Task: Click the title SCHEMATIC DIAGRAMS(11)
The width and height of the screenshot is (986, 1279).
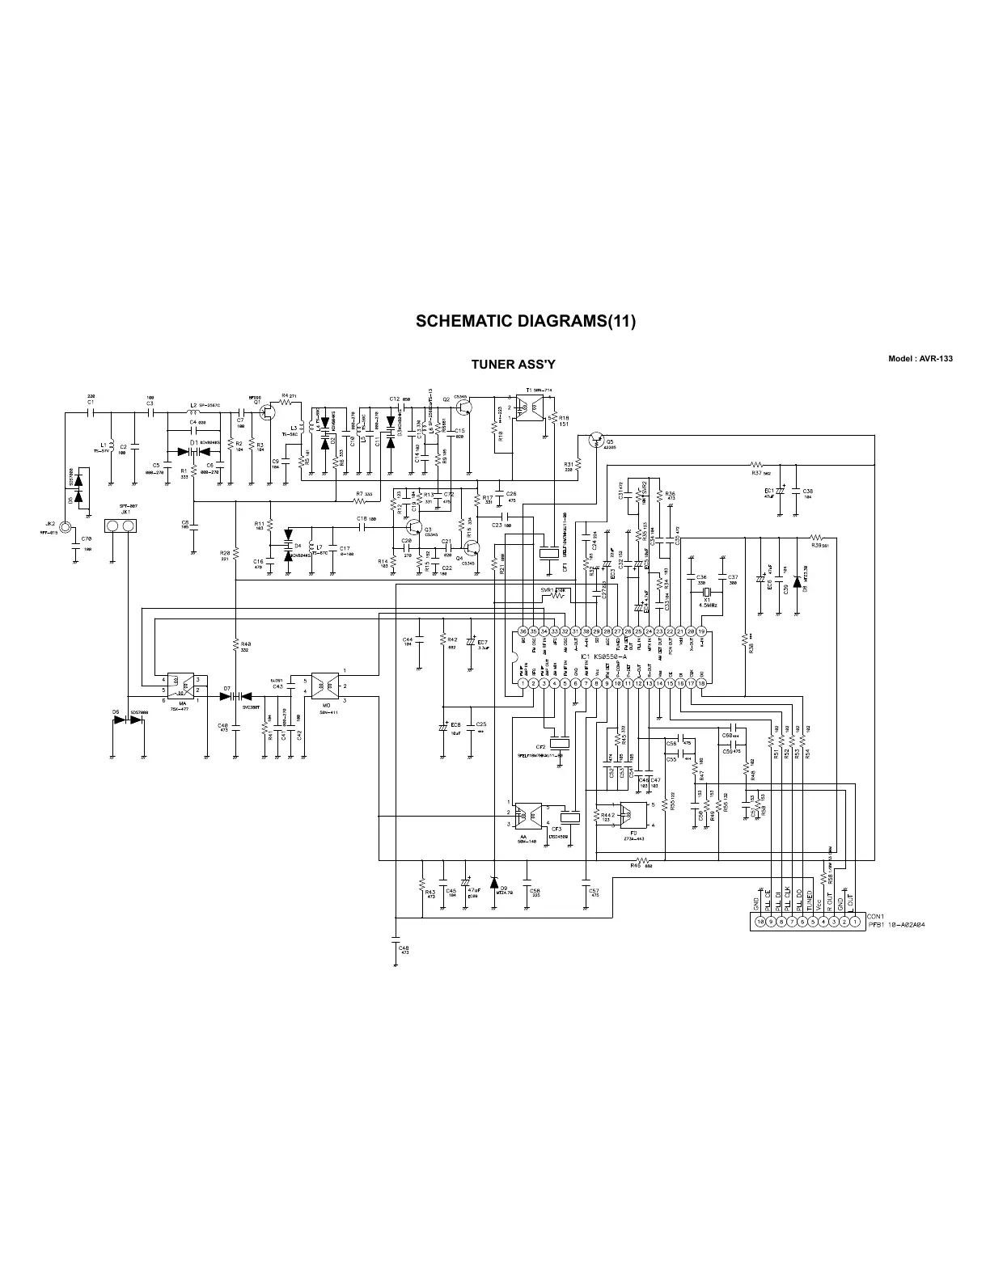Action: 526,321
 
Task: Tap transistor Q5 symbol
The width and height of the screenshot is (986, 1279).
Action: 597,439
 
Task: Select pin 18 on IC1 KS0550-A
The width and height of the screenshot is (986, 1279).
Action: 702,683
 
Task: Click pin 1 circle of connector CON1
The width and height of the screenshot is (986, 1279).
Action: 855,921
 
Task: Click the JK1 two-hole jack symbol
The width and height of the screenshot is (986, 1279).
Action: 120,527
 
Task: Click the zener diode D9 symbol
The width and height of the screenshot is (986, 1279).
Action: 493,881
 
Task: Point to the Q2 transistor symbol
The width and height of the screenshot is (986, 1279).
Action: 462,408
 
